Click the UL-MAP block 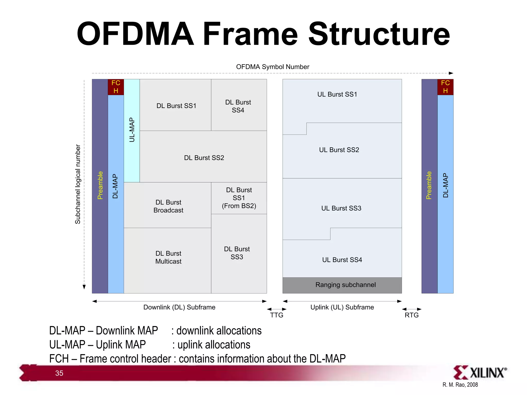click(132, 130)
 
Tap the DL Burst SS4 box click(239, 105)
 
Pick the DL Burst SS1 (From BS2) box click(239, 198)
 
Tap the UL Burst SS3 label click(341, 208)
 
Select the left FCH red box click(116, 87)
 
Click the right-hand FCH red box click(445, 87)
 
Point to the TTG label click(277, 315)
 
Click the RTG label click(411, 315)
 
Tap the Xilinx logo click(480, 373)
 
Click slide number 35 click(59, 373)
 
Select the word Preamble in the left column click(100, 185)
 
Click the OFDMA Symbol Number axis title click(273, 67)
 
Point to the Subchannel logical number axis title click(78, 184)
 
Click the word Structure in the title click(379, 34)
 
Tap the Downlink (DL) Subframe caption click(179, 307)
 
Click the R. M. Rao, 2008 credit click(460, 385)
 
